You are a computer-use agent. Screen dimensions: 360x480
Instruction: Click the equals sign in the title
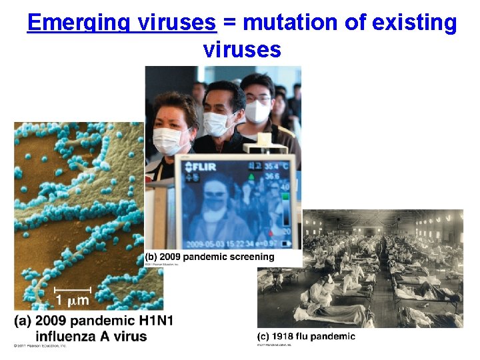pyautogui.click(x=230, y=24)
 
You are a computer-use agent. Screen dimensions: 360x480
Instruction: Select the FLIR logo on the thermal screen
pyautogui.click(x=200, y=166)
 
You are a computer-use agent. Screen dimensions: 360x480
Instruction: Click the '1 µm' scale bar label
pyautogui.click(x=71, y=300)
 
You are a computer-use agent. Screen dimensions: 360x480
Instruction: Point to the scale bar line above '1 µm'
pyautogui.click(x=71, y=288)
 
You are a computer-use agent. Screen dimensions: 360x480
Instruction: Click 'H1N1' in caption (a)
pyautogui.click(x=153, y=321)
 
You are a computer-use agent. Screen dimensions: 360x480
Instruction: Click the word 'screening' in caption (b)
pyautogui.click(x=249, y=257)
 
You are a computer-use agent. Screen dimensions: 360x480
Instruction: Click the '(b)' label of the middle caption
pyautogui.click(x=152, y=257)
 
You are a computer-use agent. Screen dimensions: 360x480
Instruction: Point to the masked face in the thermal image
pyautogui.click(x=215, y=206)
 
